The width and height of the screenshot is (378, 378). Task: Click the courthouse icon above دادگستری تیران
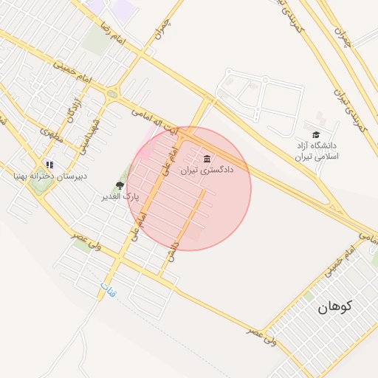206,159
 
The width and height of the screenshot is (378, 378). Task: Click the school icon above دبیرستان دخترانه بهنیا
49,165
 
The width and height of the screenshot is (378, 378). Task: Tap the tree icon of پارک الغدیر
120,186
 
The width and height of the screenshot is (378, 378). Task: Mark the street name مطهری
52,135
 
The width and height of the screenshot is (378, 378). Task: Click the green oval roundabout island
111,94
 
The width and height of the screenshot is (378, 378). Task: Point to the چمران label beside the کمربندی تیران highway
342,35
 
